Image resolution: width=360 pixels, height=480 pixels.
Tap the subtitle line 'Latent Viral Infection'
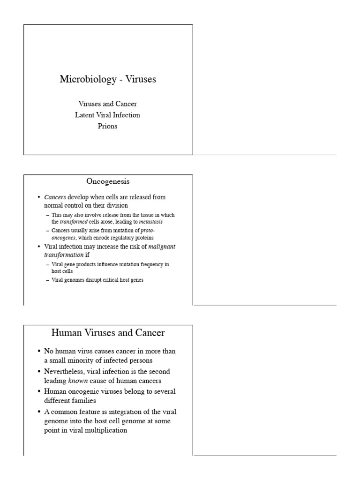coord(107,115)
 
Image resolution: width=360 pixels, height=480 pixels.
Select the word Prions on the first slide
coord(107,126)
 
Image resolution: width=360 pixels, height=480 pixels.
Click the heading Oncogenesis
coord(107,181)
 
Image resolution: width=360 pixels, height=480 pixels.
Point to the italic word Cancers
coord(55,197)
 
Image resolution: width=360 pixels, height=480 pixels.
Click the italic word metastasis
coord(151,221)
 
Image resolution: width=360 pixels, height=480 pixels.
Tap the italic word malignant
coord(162,246)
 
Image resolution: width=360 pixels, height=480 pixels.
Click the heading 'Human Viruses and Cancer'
coord(108,333)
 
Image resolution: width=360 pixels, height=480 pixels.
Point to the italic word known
coord(78,381)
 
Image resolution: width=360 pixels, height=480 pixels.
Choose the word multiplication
coord(103,430)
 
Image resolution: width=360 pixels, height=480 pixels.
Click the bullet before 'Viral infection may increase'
coord(39,247)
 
